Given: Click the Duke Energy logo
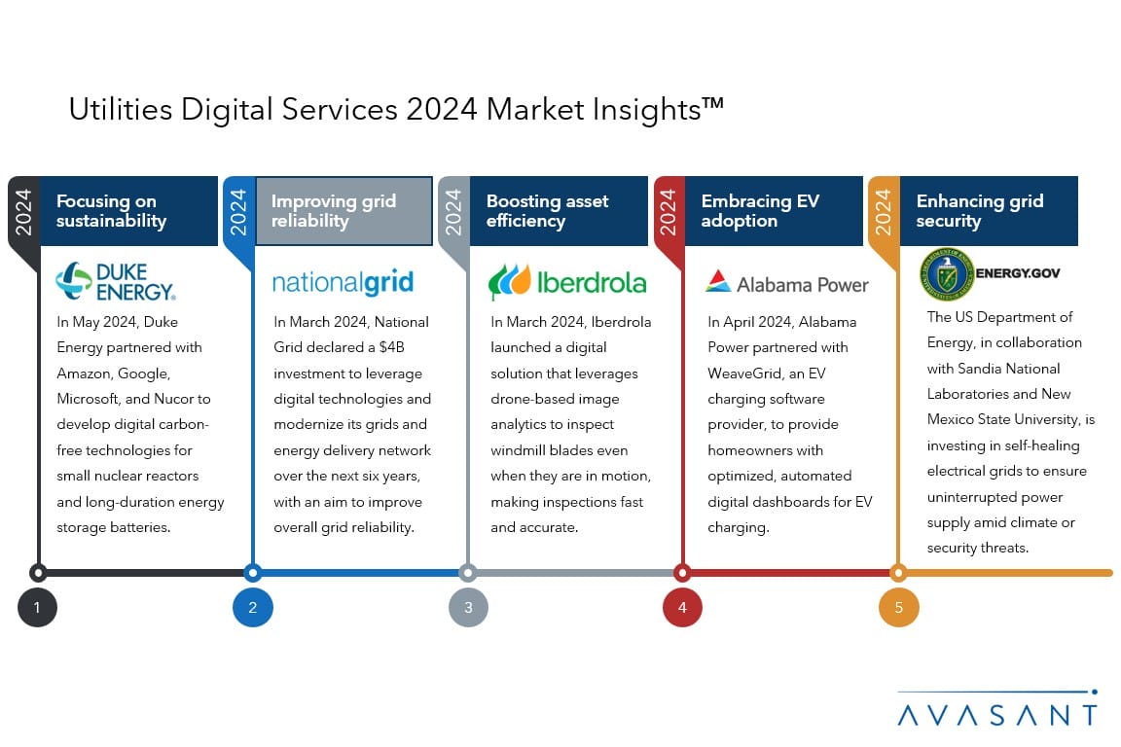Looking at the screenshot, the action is (116, 281).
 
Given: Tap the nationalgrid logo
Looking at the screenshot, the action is (343, 282).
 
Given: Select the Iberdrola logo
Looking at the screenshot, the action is (567, 282).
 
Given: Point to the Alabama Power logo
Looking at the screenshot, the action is (786, 283).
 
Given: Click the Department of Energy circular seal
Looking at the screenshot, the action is (947, 273).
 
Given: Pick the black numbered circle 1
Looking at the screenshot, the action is (37, 608).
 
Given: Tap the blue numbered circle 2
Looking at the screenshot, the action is (252, 608).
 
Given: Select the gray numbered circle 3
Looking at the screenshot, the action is (468, 608).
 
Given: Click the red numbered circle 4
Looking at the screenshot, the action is (682, 608).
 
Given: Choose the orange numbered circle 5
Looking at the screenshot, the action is (899, 608).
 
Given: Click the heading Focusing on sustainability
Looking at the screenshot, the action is (112, 211).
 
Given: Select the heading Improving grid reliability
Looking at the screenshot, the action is (334, 211).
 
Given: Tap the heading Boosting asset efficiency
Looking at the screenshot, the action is (548, 211).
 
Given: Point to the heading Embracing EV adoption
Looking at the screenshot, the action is (760, 211).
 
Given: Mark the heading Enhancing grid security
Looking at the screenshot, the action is (980, 211).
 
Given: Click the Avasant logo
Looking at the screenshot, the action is (997, 708).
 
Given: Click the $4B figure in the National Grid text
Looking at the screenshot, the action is (392, 347).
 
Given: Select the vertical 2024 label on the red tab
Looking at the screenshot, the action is (668, 212).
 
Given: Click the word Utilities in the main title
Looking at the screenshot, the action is (121, 109).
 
